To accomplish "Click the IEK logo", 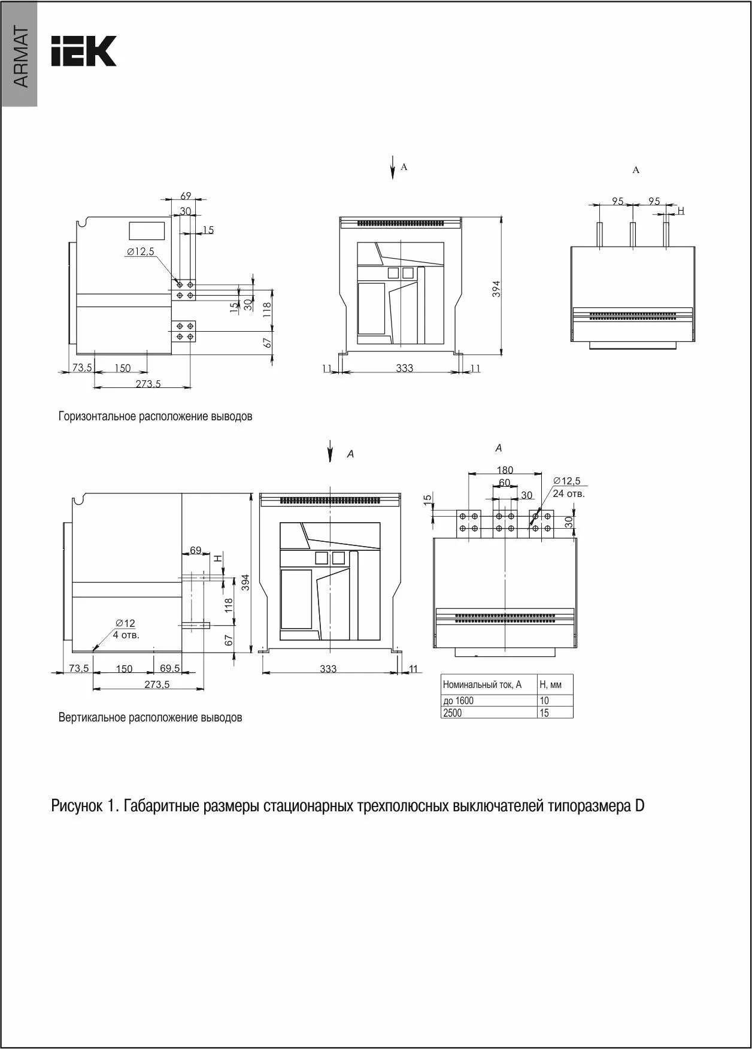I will [x=83, y=51].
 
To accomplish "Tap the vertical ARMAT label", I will [x=20, y=57].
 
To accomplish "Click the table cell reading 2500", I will [x=453, y=713].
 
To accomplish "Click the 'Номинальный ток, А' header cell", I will [x=482, y=684].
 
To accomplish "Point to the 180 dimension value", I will [x=505, y=471].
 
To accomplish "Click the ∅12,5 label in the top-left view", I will [x=140, y=252].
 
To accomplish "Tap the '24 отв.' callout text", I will [x=568, y=494].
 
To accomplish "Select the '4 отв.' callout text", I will [x=126, y=635].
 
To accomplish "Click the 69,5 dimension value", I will [x=169, y=668].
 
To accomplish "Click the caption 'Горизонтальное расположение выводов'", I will [x=155, y=416].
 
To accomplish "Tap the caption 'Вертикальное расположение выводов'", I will [x=150, y=717].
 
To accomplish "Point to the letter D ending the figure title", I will [x=639, y=806].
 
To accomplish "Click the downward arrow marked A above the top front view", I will [x=393, y=168].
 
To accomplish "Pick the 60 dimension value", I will [x=504, y=483].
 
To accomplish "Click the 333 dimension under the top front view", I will [x=404, y=368].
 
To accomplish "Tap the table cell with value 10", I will [x=544, y=701].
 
